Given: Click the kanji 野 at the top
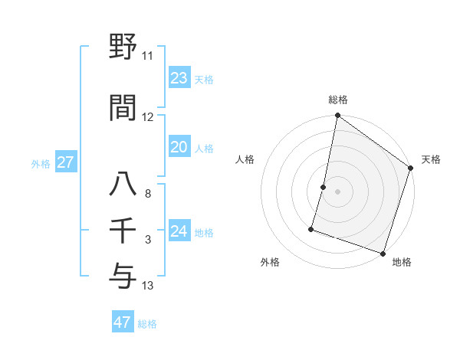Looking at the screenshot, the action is tap(123, 47).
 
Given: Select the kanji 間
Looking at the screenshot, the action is tap(123, 108).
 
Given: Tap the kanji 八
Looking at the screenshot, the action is tap(123, 185).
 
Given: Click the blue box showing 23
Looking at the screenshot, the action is tap(179, 78).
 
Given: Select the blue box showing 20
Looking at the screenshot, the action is tap(179, 147).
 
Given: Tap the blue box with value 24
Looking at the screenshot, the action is tap(179, 231).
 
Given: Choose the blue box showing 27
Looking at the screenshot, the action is tap(65, 162).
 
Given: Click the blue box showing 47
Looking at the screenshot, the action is tap(123, 322).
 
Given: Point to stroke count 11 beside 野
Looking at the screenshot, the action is tap(147, 56).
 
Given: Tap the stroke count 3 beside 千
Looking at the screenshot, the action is tap(147, 240).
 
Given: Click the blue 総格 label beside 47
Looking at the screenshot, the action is tap(147, 324).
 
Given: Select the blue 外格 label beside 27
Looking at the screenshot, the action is tap(41, 164).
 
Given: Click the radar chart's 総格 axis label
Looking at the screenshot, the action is tap(337, 100).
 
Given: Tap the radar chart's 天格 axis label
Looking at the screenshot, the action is tap(431, 159).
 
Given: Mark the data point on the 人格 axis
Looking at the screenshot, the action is tap(324, 187).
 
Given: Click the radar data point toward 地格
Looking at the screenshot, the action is tap(383, 253).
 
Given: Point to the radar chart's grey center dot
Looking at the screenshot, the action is tap(337, 191).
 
